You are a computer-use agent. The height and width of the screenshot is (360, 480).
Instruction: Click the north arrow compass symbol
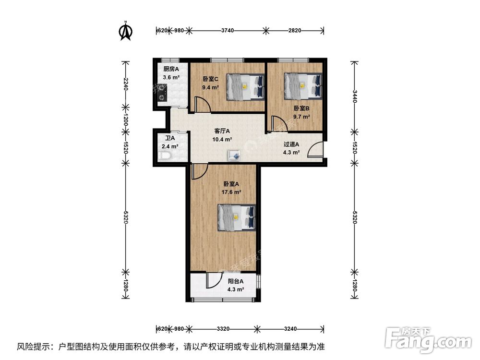(125, 31)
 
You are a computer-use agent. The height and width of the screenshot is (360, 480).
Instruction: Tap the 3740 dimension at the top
(228, 30)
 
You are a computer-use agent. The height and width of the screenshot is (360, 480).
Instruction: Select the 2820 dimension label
(295, 30)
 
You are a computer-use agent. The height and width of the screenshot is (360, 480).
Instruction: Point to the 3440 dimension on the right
(355, 97)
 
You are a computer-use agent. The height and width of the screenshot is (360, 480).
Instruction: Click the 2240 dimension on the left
(125, 84)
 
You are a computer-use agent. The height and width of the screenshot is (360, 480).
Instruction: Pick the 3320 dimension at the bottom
(223, 329)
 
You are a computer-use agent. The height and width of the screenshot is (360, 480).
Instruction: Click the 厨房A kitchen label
(171, 69)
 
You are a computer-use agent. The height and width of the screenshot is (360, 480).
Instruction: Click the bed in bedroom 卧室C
(245, 87)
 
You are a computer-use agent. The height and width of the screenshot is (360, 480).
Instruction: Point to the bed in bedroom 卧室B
(303, 86)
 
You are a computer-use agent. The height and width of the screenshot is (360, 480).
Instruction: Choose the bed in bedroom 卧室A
(237, 217)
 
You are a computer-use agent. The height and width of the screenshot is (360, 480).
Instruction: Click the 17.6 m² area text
(231, 192)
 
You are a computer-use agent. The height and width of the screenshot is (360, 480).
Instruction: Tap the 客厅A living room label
(222, 131)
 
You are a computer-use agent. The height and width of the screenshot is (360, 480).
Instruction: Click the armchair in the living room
(235, 156)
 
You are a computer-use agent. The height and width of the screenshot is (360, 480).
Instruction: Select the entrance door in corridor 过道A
(315, 150)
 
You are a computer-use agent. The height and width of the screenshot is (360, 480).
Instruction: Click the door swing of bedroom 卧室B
(279, 124)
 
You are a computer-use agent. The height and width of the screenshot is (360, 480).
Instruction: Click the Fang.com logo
(428, 339)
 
